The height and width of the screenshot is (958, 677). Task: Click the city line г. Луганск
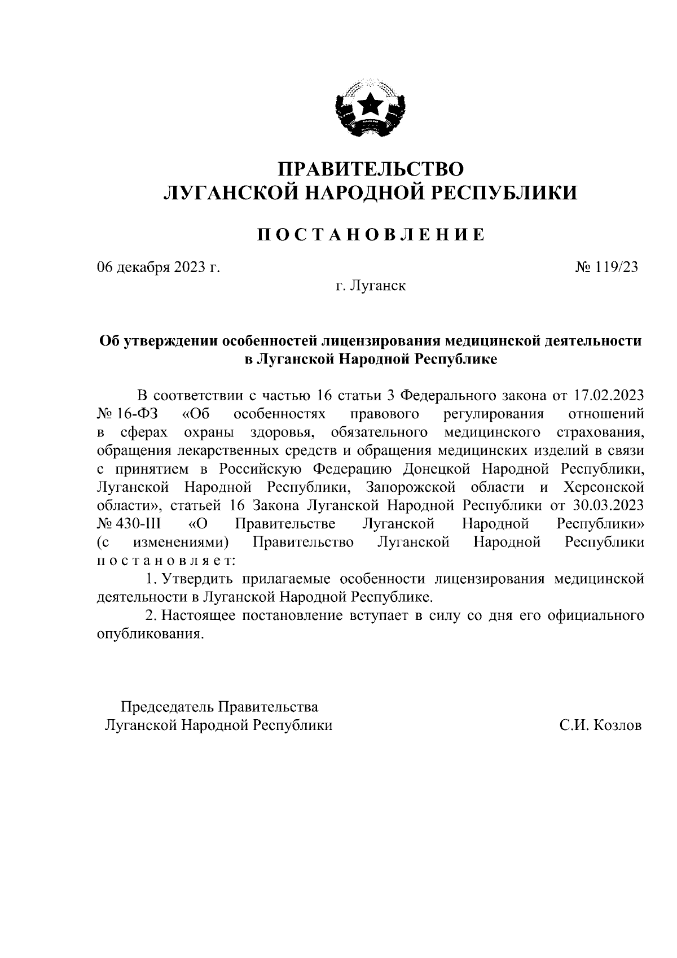pos(371,286)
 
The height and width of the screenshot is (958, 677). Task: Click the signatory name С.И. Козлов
pos(600,726)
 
